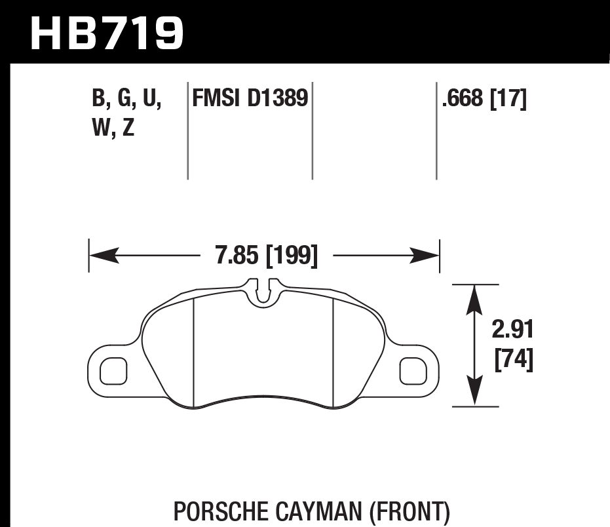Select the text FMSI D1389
point(250,99)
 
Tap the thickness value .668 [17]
point(484,99)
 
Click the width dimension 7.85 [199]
point(266,255)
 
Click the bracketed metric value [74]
point(513,360)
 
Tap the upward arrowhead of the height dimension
point(475,298)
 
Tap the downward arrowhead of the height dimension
point(475,393)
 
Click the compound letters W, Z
point(113,128)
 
